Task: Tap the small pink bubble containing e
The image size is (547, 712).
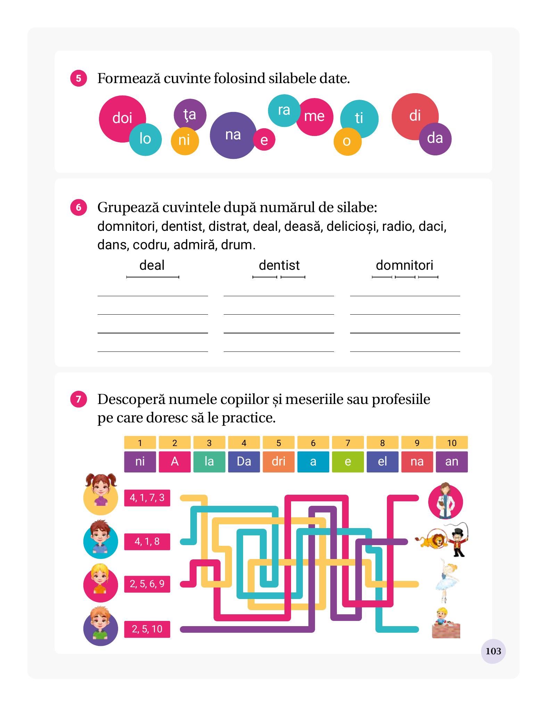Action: [264, 140]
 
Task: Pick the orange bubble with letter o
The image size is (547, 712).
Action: [347, 141]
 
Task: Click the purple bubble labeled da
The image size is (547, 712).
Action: [436, 139]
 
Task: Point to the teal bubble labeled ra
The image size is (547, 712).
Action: [284, 111]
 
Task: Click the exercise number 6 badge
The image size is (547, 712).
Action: [78, 207]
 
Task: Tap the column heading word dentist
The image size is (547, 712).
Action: [279, 265]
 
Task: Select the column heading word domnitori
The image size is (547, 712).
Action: [405, 265]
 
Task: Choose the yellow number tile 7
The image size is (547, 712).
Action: [348, 443]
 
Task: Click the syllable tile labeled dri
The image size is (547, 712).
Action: [279, 462]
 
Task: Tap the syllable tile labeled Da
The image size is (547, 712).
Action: [244, 462]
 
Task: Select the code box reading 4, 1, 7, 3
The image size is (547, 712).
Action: [147, 498]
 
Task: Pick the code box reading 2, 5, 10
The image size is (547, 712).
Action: [147, 629]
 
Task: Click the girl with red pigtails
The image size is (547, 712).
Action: [101, 494]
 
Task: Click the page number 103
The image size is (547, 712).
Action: [493, 651]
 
